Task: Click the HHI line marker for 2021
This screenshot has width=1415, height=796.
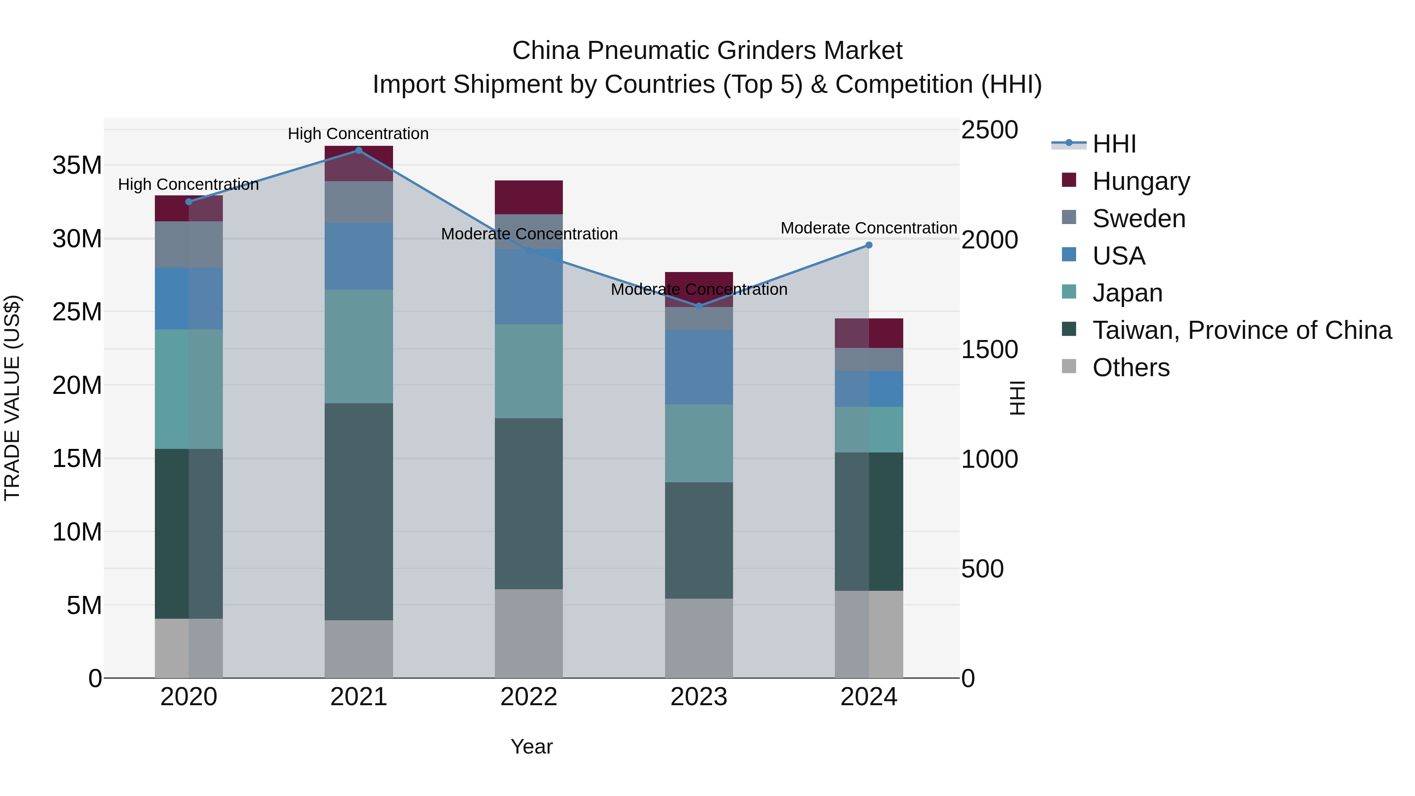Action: point(359,151)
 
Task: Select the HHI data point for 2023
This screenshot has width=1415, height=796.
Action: point(699,306)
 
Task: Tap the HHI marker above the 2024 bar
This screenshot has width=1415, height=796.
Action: point(868,245)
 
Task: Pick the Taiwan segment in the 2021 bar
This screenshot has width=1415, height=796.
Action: point(359,511)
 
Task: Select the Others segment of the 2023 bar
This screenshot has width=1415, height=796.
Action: point(699,638)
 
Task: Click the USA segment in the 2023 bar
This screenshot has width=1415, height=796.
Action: point(699,367)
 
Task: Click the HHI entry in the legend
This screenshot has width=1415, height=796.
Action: point(1114,144)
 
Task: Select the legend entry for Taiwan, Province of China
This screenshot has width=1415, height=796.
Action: point(1241,330)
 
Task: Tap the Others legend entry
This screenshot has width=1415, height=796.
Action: point(1130,368)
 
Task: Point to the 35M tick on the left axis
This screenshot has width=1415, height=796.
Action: point(77,165)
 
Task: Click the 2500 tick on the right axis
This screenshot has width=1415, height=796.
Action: point(989,131)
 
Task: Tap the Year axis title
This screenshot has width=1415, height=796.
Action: point(531,746)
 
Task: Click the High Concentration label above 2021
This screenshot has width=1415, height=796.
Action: point(358,134)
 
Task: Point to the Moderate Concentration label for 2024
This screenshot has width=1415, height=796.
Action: point(868,228)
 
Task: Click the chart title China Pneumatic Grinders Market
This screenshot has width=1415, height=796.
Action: point(707,51)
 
